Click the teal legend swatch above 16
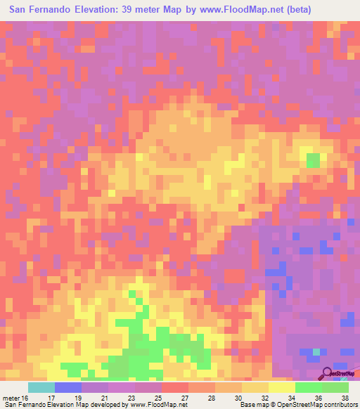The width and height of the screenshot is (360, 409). point(41,387)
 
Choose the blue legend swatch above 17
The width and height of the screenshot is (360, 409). point(68,387)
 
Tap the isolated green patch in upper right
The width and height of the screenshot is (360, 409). point(312,161)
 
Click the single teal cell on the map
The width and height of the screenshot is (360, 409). point(316,351)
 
